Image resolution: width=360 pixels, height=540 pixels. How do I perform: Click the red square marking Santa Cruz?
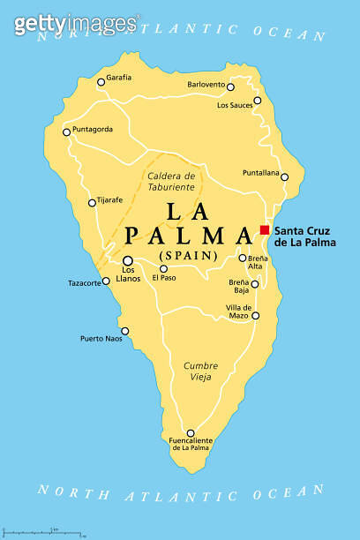(264, 229)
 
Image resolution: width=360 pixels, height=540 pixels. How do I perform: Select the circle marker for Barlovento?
(230, 87)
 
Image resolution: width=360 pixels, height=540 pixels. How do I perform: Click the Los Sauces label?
(234, 105)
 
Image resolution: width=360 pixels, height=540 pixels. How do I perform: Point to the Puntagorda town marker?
(66, 133)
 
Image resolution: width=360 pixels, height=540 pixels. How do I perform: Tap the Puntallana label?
(261, 173)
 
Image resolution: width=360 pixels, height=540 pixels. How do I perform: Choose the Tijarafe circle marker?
(92, 203)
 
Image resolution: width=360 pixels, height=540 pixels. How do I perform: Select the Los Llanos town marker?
(128, 260)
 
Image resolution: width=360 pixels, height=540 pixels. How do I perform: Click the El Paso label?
(164, 278)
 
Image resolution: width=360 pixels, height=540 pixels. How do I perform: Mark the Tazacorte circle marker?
(107, 281)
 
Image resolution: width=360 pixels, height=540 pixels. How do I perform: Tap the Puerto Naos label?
(100, 338)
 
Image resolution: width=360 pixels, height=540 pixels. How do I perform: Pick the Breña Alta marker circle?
(243, 258)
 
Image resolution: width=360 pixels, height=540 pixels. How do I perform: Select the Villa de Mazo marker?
(256, 315)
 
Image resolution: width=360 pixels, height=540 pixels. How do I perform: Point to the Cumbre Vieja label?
(200, 371)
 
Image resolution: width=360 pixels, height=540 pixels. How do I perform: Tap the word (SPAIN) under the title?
(187, 256)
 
